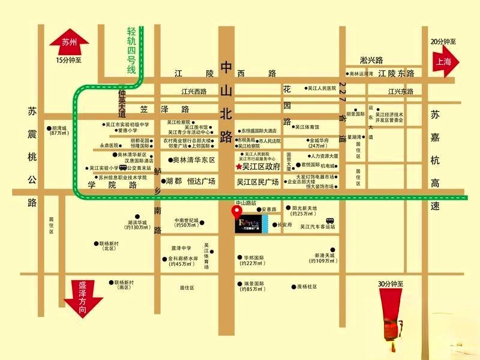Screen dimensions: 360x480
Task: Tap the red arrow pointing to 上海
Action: point(443,61)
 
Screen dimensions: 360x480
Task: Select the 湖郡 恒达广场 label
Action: point(191,181)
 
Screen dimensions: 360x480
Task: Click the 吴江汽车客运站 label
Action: point(318,227)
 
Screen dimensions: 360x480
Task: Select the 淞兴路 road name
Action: point(372,60)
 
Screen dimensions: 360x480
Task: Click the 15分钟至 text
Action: point(68,61)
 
